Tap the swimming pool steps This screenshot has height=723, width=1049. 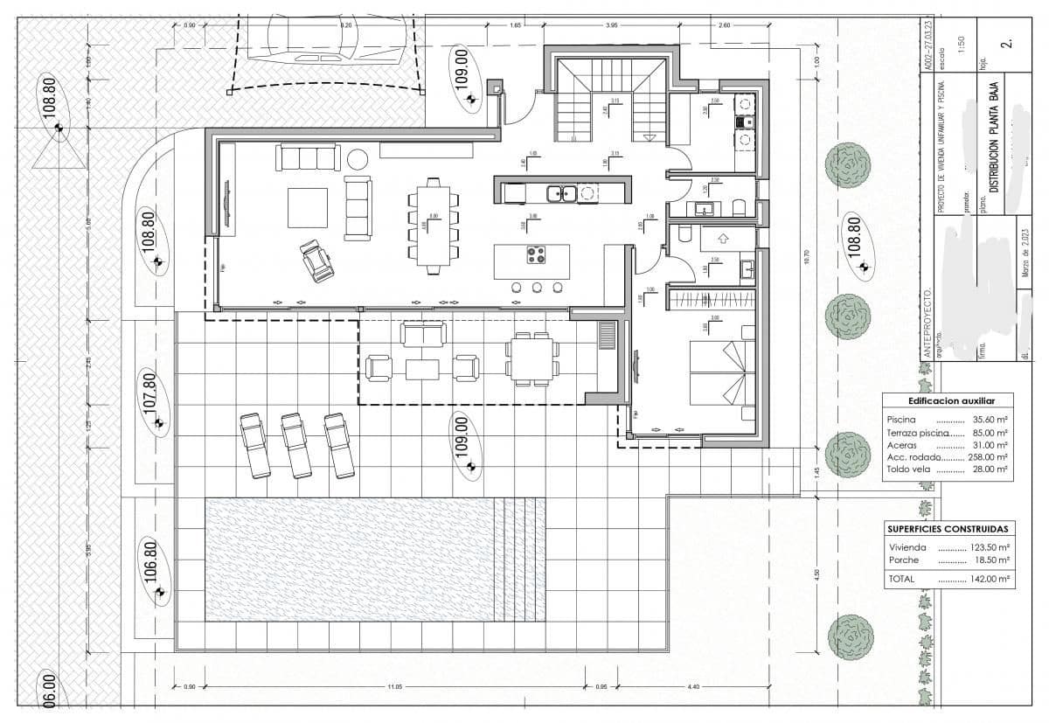[519, 560]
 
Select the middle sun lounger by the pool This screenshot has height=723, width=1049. [295, 446]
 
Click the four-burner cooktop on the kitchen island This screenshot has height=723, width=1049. [535, 255]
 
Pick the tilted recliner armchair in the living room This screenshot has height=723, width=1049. [317, 261]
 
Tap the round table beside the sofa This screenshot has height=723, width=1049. [357, 159]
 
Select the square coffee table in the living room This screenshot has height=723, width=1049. [308, 207]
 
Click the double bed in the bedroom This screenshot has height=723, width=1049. [722, 372]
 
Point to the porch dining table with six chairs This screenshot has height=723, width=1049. [532, 358]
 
